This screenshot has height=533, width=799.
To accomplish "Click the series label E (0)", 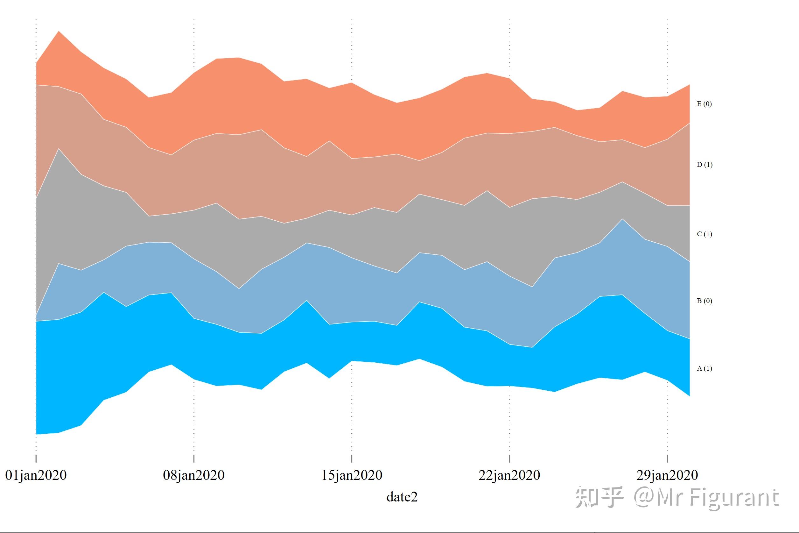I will [704, 104].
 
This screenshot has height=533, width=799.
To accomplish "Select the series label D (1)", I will [704, 165].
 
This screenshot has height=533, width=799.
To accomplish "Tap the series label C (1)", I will [704, 234].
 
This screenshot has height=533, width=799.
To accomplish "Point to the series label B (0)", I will [704, 301].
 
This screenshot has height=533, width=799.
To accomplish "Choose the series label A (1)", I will [704, 368].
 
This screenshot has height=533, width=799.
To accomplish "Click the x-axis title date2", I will [402, 497].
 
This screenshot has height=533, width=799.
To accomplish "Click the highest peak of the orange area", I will [59, 32].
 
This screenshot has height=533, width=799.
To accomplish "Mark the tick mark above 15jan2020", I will [352, 458].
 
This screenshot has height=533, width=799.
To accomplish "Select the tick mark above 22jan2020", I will [509, 458].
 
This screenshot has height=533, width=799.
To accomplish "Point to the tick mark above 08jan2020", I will [194, 458].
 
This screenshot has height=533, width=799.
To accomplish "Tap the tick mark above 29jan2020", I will [668, 458].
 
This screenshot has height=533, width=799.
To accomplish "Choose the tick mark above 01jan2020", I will [36, 458].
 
